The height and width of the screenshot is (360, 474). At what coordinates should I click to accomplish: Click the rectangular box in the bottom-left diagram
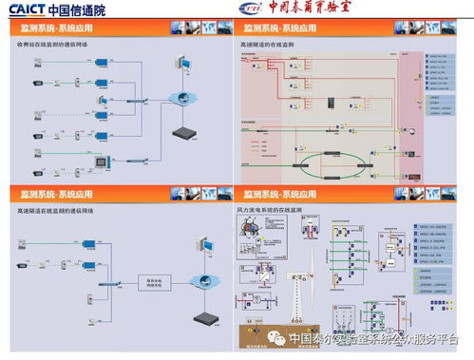point(152,282)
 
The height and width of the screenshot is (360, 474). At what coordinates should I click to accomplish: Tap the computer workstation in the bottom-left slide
point(202,243)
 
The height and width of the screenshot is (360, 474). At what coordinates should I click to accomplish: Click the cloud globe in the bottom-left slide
point(201,280)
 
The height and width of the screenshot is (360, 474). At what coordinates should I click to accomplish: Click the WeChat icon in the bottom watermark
point(276,337)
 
